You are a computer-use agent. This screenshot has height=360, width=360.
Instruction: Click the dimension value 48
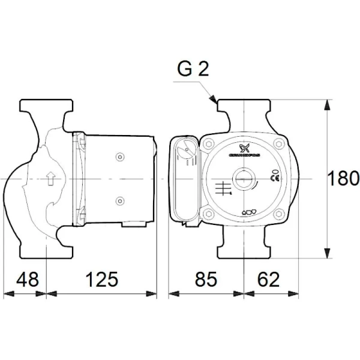tap(26, 279)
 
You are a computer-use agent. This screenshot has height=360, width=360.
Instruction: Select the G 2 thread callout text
tap(193, 70)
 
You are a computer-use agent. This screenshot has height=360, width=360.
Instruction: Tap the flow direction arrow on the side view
tap(50, 178)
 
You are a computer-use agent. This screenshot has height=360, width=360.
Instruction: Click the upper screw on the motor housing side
tap(119, 157)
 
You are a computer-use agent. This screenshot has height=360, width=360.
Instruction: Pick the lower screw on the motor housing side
tap(119, 200)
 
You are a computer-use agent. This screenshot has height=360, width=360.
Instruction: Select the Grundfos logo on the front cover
tap(244, 150)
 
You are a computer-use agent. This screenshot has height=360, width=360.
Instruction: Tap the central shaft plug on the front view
tap(243, 179)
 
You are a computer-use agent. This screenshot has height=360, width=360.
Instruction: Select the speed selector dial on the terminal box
tap(187, 151)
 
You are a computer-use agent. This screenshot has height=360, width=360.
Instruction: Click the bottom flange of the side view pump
tap(47, 247)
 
